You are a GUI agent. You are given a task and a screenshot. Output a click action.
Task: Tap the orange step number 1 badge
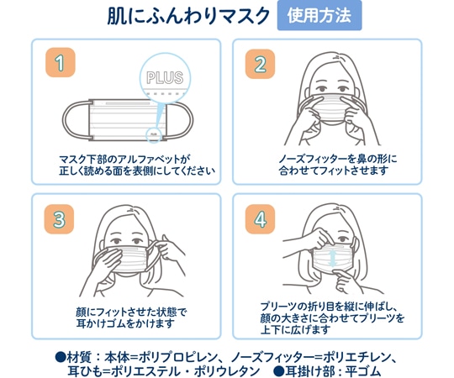[x=58, y=63]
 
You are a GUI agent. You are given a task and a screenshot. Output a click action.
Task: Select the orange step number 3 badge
[x=58, y=219]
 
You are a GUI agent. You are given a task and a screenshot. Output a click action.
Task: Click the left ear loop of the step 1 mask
[x=74, y=120]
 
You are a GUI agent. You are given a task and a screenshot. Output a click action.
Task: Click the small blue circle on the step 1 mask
[x=154, y=134]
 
